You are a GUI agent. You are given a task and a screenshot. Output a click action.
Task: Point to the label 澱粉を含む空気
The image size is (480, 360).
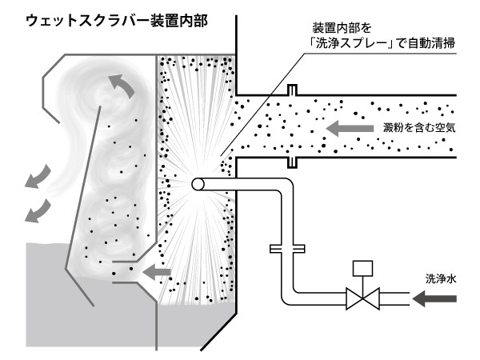(426, 127)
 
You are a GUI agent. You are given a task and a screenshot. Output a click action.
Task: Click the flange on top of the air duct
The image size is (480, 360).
(293, 90)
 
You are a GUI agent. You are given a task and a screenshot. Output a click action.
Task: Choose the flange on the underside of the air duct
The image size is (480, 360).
(293, 162)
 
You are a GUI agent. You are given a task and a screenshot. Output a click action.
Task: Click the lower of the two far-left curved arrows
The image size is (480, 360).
(34, 210)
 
